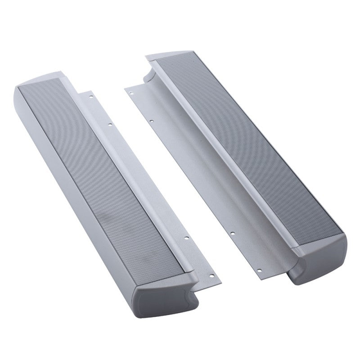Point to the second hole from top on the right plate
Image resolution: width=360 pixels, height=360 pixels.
pyautogui.click(x=152, y=121)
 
